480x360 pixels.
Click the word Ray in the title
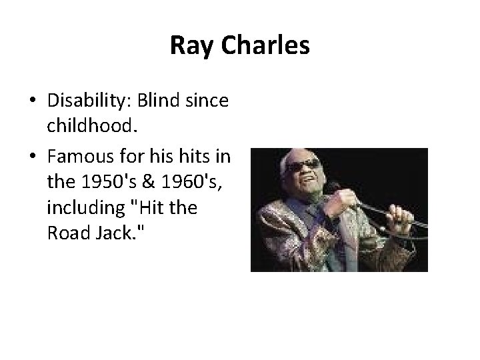point(188,46)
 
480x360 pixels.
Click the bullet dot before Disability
point(33,102)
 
